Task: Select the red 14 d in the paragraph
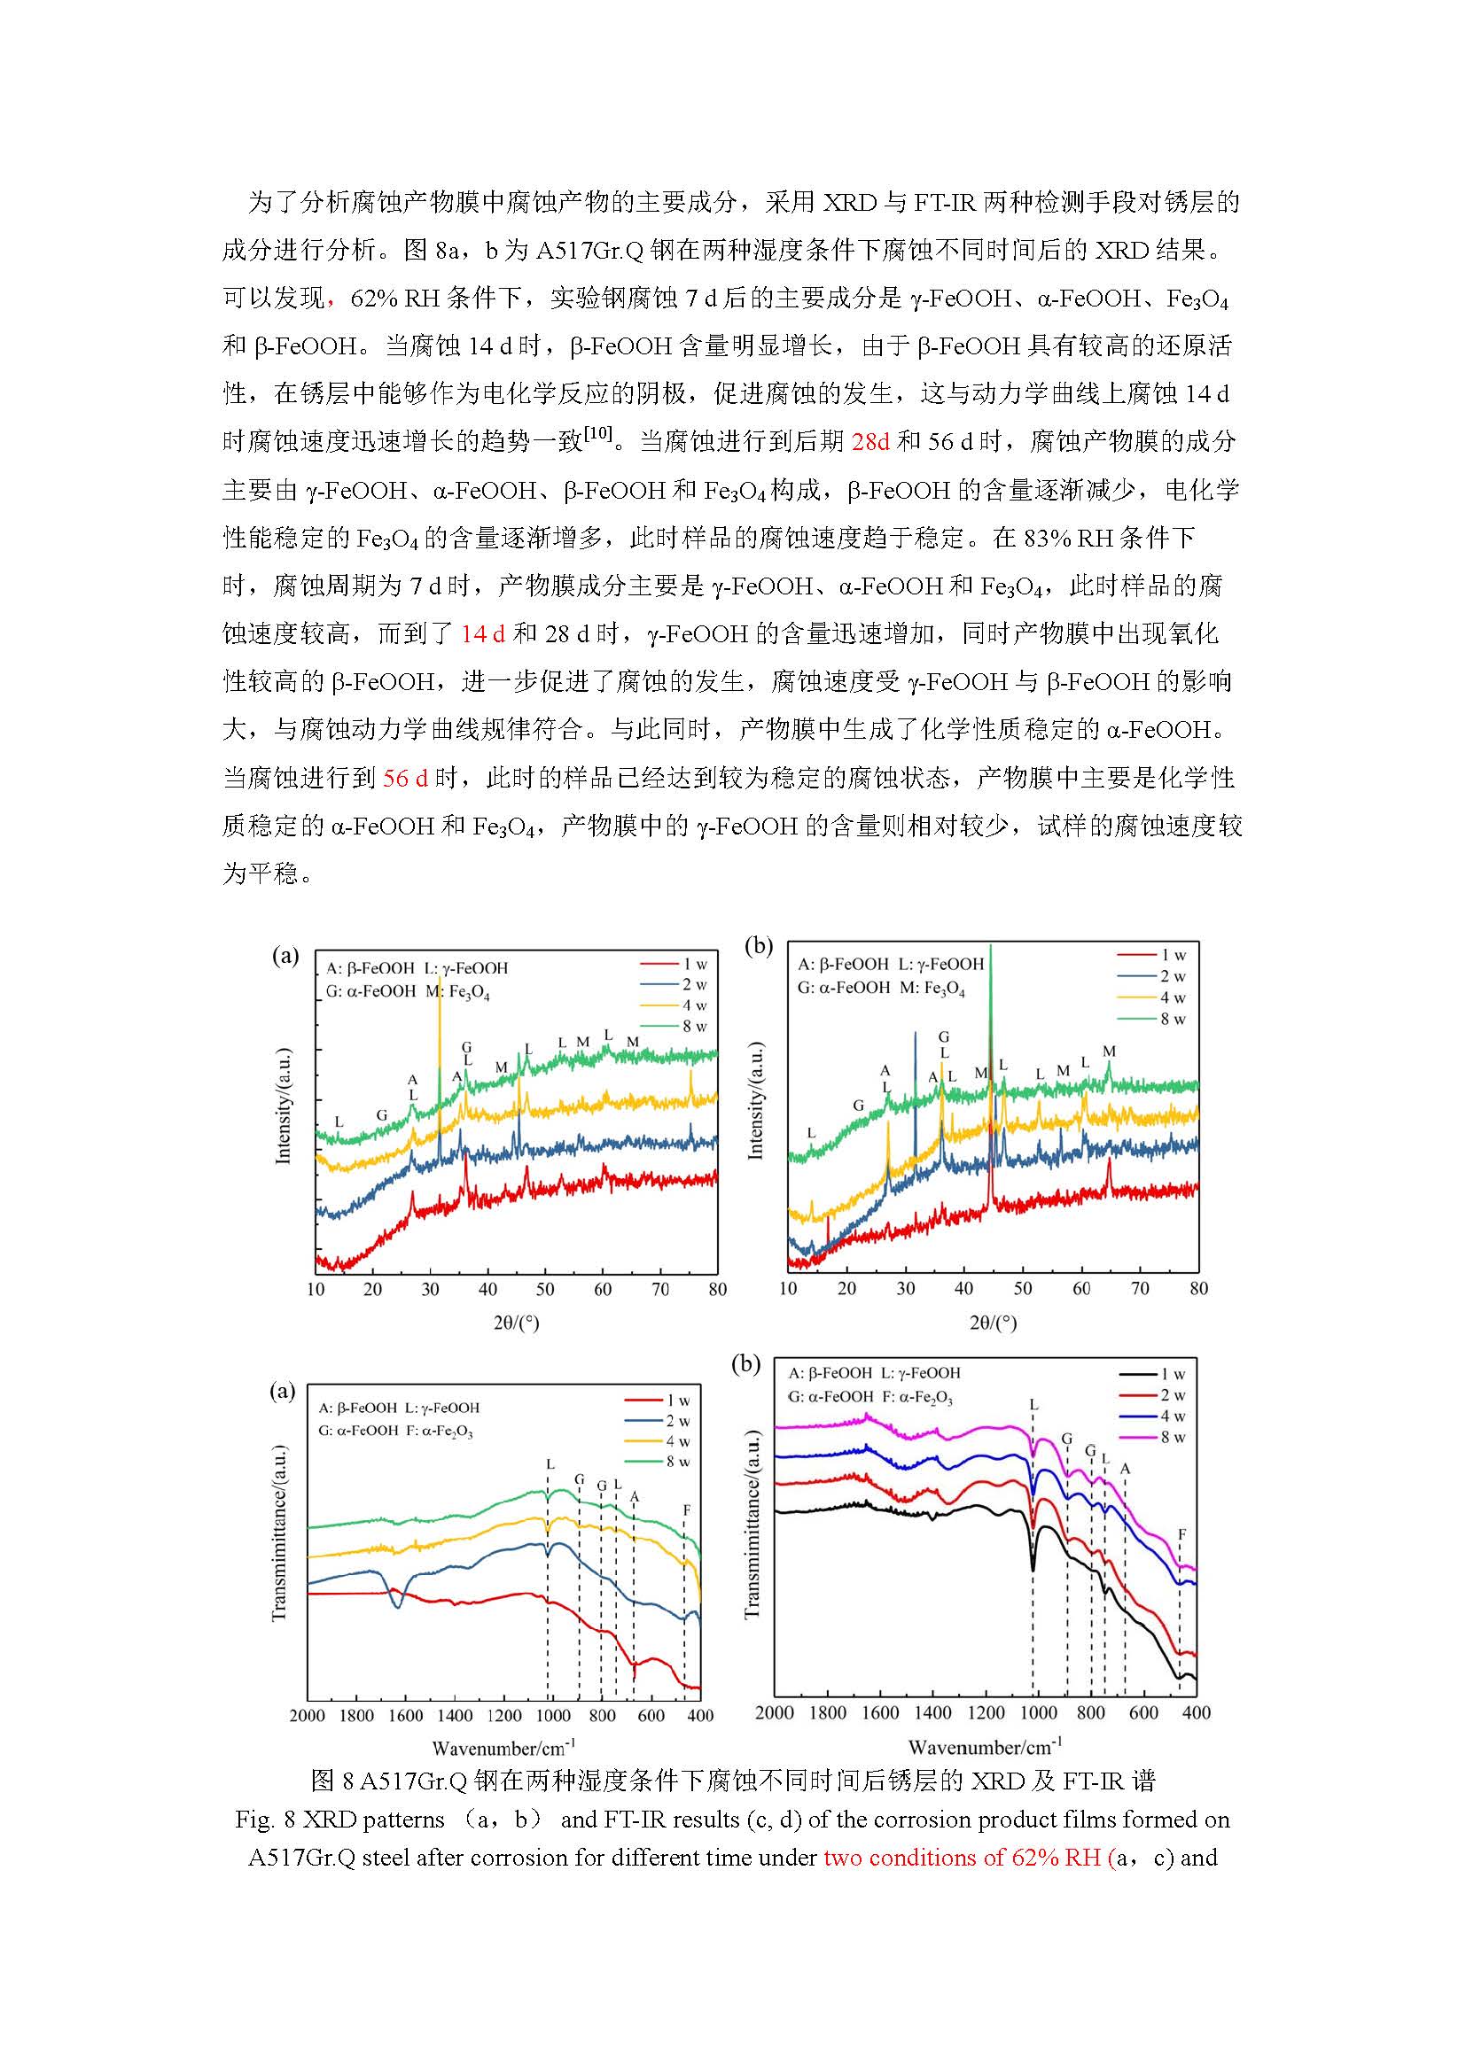(483, 633)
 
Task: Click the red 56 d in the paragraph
(405, 778)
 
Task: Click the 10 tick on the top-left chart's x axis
(316, 1289)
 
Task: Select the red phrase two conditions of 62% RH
(961, 1859)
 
